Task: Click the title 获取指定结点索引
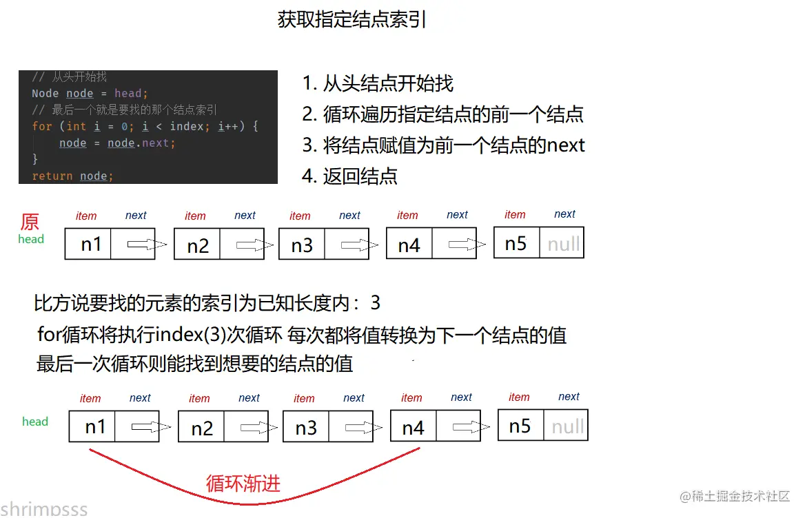point(351,20)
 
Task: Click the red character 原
point(30,222)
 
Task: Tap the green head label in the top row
point(31,240)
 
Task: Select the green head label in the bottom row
point(35,422)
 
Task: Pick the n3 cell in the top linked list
point(302,245)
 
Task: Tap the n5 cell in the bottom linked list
point(520,426)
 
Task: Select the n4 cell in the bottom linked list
point(413,428)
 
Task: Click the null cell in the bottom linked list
point(567,426)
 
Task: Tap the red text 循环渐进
point(243,484)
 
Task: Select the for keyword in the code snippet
point(41,127)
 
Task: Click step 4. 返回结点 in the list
point(350,176)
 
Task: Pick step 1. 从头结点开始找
point(378,84)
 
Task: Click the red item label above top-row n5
point(515,214)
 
